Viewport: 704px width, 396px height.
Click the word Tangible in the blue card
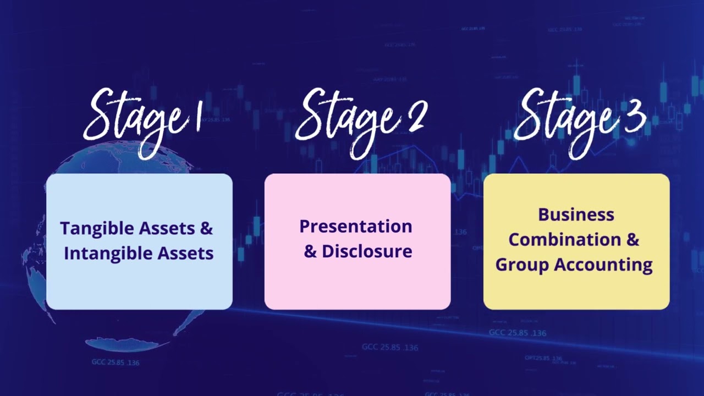pyautogui.click(x=97, y=228)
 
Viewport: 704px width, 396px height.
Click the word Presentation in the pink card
pyautogui.click(x=355, y=226)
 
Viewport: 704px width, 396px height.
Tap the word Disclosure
pyautogui.click(x=367, y=251)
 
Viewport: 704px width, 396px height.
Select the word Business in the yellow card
pyautogui.click(x=576, y=215)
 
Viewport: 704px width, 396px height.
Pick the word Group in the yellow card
pyautogui.click(x=522, y=265)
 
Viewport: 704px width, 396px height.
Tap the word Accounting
pyautogui.click(x=603, y=265)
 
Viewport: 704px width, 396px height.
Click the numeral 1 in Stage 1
pyautogui.click(x=197, y=118)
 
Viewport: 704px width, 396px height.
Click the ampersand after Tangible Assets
pyautogui.click(x=206, y=228)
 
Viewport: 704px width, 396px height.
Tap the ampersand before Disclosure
pyautogui.click(x=310, y=251)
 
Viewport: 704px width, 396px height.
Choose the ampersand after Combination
pyautogui.click(x=633, y=240)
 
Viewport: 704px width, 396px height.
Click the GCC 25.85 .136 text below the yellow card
pyautogui.click(x=518, y=333)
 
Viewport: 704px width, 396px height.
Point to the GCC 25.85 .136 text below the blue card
pyautogui.click(x=116, y=362)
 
